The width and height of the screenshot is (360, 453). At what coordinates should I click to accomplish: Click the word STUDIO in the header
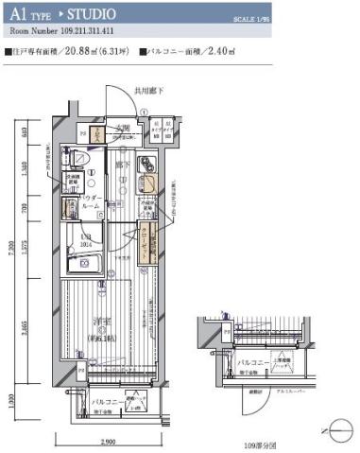tap(91, 15)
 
